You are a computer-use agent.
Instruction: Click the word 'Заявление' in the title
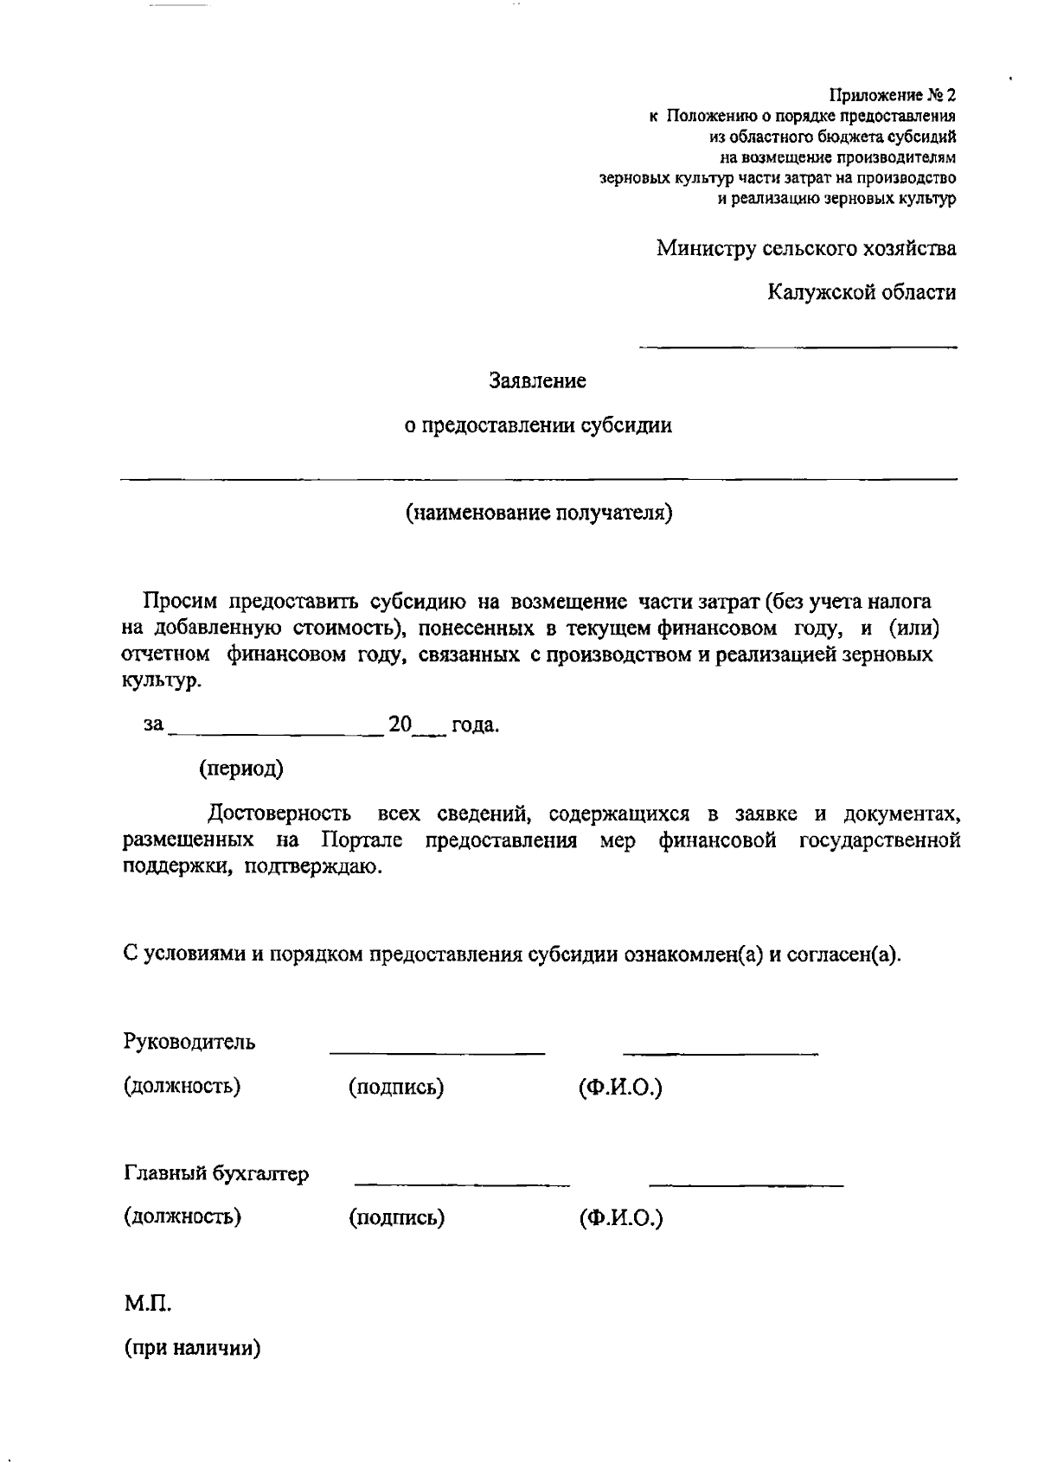tap(537, 380)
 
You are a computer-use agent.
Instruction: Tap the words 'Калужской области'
tap(862, 292)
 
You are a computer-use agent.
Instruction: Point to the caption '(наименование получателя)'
tap(539, 514)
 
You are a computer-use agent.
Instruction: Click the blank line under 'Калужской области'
tap(798, 347)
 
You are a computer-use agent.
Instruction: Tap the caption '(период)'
tap(241, 769)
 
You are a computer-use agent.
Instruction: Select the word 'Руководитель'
tap(189, 1041)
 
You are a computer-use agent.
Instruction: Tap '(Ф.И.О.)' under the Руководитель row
tap(620, 1087)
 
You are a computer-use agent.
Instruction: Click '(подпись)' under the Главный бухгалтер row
tap(396, 1218)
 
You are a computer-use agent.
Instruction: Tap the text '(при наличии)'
tap(192, 1348)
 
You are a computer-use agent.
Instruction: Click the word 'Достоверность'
tap(279, 814)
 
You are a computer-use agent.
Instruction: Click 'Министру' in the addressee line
tap(706, 249)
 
